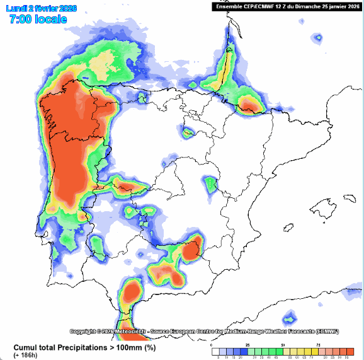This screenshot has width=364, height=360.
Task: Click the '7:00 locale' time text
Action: (x=38, y=20)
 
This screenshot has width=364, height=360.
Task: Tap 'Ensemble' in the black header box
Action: (x=229, y=6)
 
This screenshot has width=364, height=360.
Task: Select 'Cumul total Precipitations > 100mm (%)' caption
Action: (x=85, y=347)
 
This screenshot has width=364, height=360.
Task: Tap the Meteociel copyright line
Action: (x=205, y=331)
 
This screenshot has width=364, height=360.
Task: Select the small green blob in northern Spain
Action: (x=188, y=132)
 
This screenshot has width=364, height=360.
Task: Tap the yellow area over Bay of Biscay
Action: (x=101, y=63)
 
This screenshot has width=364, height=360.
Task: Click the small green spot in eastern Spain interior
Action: (x=211, y=184)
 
